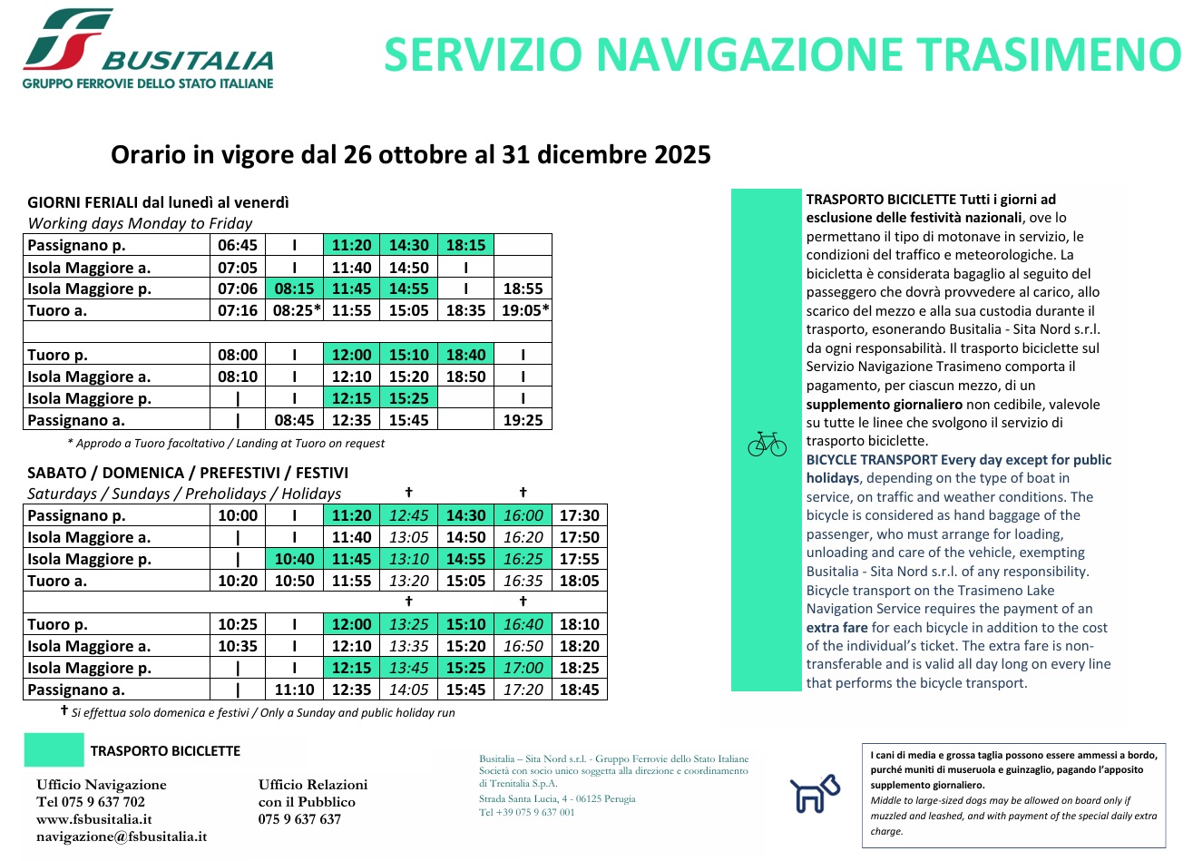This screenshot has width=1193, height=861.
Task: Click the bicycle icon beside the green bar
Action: (x=767, y=444)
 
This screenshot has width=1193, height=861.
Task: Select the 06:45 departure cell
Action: (x=238, y=245)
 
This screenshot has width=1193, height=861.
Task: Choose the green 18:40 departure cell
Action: (x=465, y=355)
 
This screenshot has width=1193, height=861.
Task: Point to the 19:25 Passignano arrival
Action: (x=523, y=420)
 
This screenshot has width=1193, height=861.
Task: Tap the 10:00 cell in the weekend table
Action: (x=238, y=515)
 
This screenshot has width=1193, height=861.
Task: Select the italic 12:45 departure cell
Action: (x=408, y=515)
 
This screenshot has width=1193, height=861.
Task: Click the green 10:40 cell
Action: (x=294, y=559)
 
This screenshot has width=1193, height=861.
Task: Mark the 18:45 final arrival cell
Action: (x=579, y=690)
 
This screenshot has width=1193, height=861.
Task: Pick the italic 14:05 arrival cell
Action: (x=408, y=690)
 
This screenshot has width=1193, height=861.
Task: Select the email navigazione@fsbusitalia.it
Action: (x=121, y=837)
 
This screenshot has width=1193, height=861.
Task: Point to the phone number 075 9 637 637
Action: (x=299, y=819)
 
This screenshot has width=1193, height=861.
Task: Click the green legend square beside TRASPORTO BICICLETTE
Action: (x=54, y=750)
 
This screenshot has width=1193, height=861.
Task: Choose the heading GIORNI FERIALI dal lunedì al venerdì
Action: (x=158, y=202)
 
